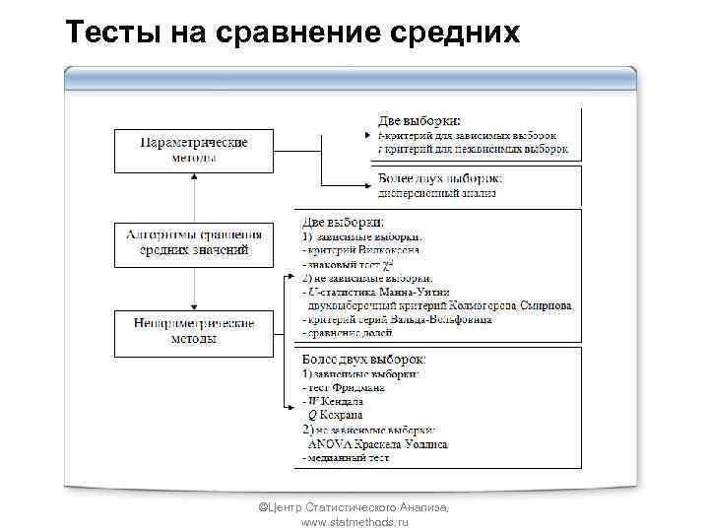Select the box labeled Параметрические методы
pyautogui.click(x=194, y=150)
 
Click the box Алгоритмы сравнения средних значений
pyautogui.click(x=194, y=242)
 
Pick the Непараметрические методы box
pyautogui.click(x=194, y=331)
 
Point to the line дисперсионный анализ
pyautogui.click(x=437, y=193)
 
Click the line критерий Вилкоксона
pyautogui.click(x=365, y=251)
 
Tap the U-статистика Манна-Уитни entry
pyautogui.click(x=379, y=293)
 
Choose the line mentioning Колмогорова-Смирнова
pyautogui.click(x=439, y=306)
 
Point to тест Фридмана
pyautogui.click(x=344, y=388)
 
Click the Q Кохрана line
pyautogui.click(x=340, y=416)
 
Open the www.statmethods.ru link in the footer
pyautogui.click(x=354, y=521)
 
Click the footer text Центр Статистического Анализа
pyautogui.click(x=354, y=506)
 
